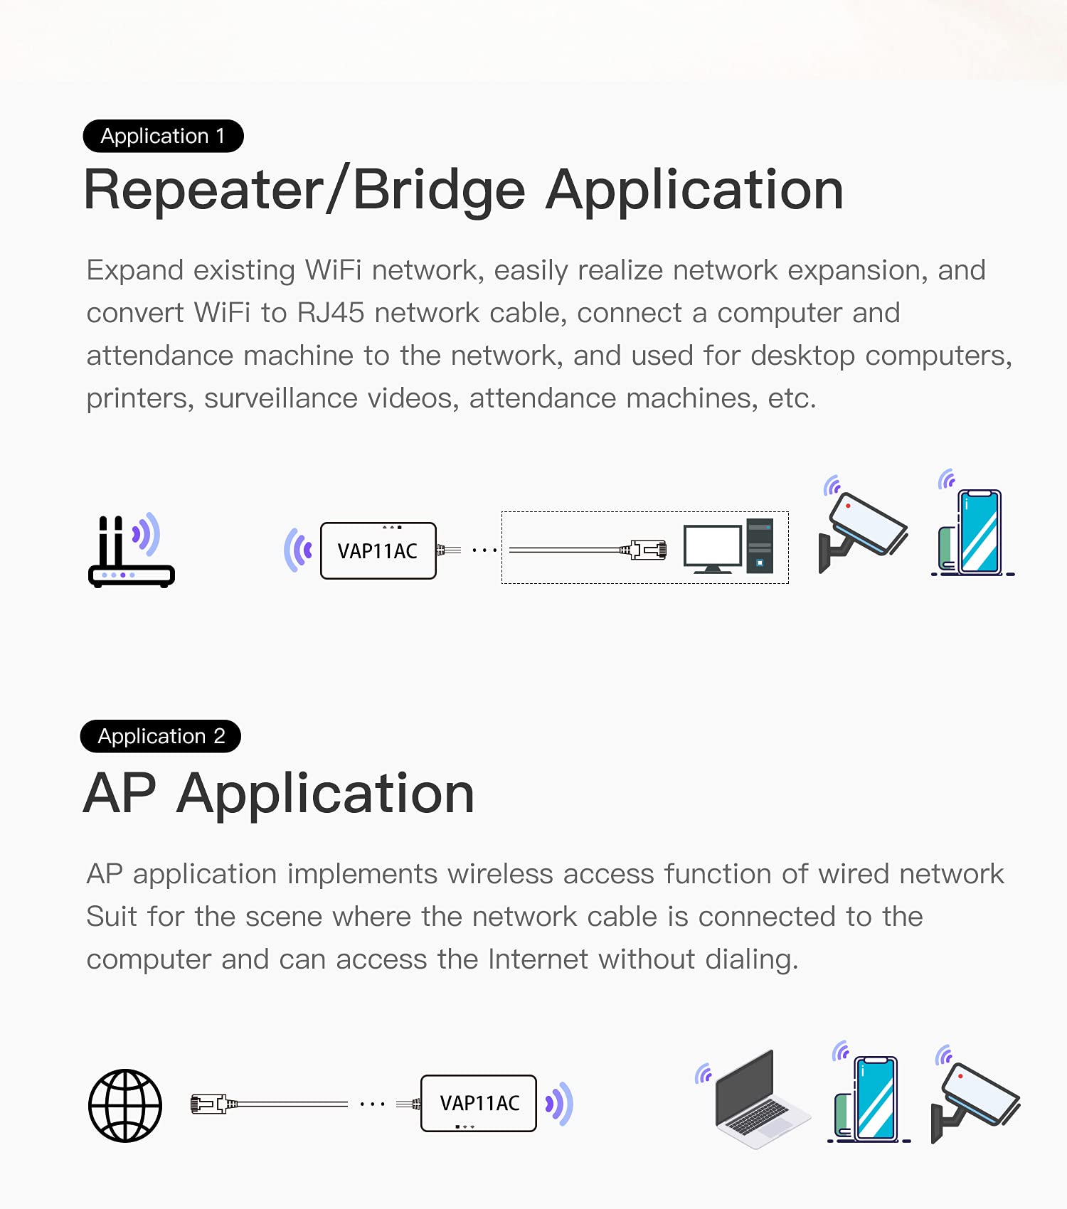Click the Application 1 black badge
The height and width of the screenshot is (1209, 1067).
coord(163,136)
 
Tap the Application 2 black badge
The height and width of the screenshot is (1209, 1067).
coord(161,736)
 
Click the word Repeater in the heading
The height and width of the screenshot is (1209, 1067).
coord(203,190)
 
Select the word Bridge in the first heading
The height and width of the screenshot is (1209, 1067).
coord(439,190)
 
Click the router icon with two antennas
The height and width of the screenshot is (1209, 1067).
coord(130,552)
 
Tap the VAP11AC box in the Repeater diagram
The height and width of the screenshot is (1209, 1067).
coord(378,550)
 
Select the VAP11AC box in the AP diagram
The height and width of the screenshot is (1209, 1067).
coord(479,1103)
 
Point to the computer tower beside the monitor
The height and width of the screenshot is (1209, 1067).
coord(760,546)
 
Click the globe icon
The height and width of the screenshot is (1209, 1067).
coord(125,1105)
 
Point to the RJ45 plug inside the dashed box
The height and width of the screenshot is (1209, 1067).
coord(644,550)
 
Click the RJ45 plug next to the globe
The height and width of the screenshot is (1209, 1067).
coord(209,1104)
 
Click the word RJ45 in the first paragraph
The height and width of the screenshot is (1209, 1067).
coord(330,313)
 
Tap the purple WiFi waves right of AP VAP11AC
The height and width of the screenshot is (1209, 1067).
coord(560,1104)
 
